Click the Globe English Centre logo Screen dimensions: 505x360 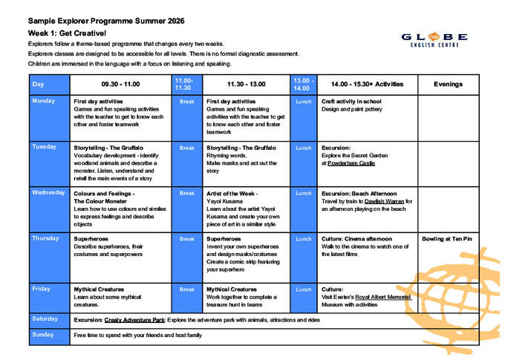coord(434,39)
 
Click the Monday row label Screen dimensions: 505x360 coord(44,101)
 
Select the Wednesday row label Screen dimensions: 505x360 coord(48,193)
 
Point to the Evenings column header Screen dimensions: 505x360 coord(448,84)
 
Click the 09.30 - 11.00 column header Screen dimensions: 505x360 coord(120,84)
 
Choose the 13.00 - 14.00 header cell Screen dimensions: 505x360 coord(302,84)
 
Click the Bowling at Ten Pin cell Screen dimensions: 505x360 coord(448,239)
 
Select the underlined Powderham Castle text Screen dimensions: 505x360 coord(353,163)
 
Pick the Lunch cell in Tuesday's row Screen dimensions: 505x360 coord(302,148)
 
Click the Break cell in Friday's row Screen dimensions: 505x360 coord(186,289)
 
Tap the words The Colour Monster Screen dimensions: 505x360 coord(105,201)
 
